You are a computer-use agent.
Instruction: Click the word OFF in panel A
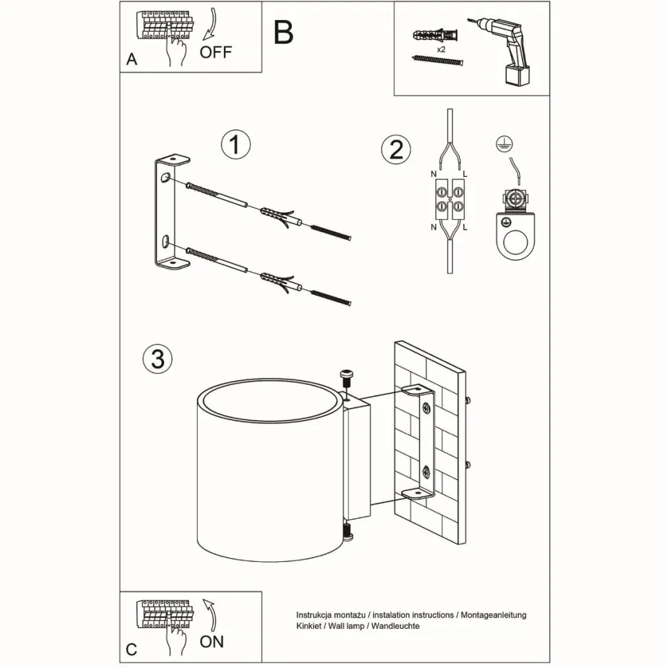216,52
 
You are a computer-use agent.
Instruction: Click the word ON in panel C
212,642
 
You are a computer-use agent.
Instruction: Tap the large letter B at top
283,32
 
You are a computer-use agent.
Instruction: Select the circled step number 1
236,145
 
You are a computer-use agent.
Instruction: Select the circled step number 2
396,149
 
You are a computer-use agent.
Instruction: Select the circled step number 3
157,358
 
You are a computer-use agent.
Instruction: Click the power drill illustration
501,48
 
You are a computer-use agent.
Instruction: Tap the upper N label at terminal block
433,175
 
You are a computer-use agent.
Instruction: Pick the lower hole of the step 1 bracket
166,240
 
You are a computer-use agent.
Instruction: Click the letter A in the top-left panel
132,60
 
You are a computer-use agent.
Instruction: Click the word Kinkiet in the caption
309,626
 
